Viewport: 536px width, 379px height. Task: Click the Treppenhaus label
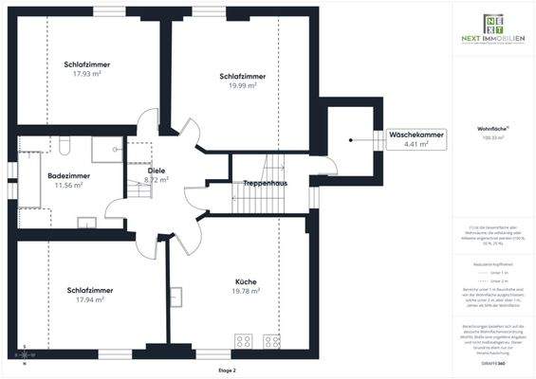point(266,182)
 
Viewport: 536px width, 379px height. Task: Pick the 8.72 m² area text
point(157,179)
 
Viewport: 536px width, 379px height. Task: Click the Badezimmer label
point(68,175)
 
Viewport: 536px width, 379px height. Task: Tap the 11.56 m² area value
point(68,185)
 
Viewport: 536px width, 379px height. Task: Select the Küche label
point(247,281)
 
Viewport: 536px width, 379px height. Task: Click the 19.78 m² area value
point(247,292)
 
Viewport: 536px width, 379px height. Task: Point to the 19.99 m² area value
point(242,84)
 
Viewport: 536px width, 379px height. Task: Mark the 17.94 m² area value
point(89,299)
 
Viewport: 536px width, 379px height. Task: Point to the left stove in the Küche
point(243,341)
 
